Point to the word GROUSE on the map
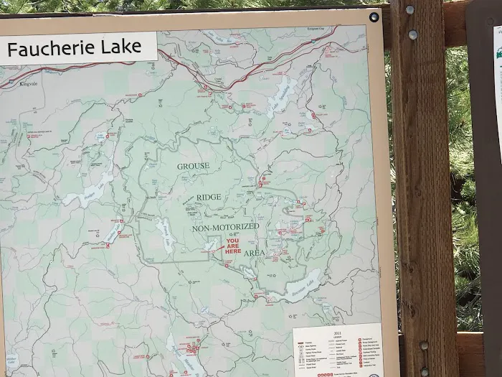tap(194, 166)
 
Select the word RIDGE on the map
tap(209, 197)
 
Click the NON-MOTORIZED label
tap(225, 227)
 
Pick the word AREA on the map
tap(254, 253)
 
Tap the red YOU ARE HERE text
tap(233, 246)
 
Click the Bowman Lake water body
tap(294, 287)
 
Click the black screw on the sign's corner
tap(374, 17)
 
